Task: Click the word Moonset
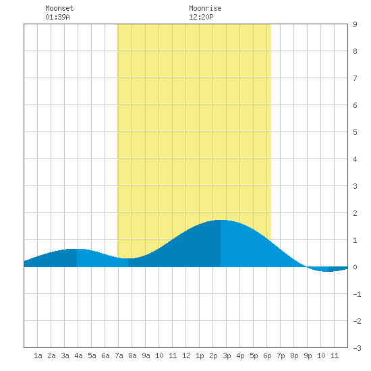[59, 8]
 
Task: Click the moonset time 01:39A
[57, 17]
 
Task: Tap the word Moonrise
[205, 8]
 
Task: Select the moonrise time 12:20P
[201, 17]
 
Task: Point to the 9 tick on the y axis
[355, 24]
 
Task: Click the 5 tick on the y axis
[355, 132]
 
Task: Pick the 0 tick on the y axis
[355, 267]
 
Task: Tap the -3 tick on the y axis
[357, 348]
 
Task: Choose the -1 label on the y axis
[357, 294]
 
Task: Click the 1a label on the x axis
[38, 355]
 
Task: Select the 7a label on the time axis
[119, 355]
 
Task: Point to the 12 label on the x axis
[186, 355]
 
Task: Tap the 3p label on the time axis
[227, 355]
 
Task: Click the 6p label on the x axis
[267, 355]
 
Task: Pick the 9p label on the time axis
[308, 355]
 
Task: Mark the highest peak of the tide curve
[221, 220]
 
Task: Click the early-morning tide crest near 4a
[77, 249]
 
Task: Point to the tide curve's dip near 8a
[128, 258]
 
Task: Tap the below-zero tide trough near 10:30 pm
[329, 271]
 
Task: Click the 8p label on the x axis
[294, 355]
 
